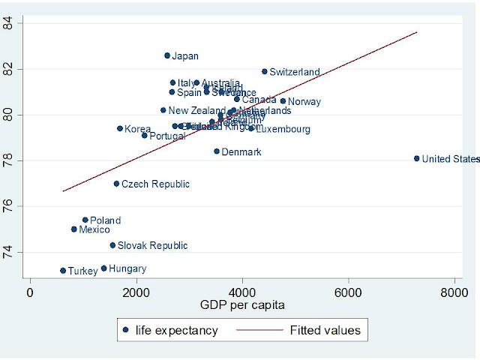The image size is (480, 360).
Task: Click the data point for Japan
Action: [167, 55]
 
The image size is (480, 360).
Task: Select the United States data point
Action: [417, 158]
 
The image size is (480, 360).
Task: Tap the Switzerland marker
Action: [265, 71]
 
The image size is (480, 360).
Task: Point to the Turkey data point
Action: [63, 270]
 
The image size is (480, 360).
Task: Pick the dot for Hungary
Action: [103, 268]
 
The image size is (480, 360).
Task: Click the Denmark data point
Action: [217, 151]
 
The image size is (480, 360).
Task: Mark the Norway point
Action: [283, 101]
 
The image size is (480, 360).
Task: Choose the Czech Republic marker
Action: [116, 183]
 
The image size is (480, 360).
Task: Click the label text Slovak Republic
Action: [152, 245]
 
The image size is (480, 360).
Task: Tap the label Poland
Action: [105, 220]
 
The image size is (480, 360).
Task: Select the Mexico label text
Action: [94, 230]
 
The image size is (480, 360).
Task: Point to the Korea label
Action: [137, 129]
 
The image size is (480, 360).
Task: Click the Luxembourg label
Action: [283, 130]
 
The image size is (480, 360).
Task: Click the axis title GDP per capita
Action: [241, 305]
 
